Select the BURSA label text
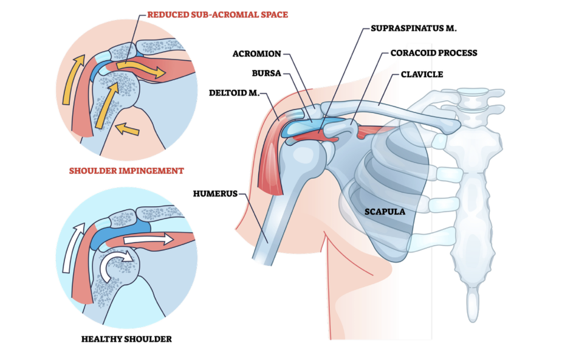(x=265, y=74)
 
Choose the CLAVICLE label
(x=422, y=74)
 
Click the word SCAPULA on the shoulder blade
(x=385, y=212)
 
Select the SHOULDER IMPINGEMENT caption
(x=126, y=171)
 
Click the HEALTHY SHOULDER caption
(x=126, y=338)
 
